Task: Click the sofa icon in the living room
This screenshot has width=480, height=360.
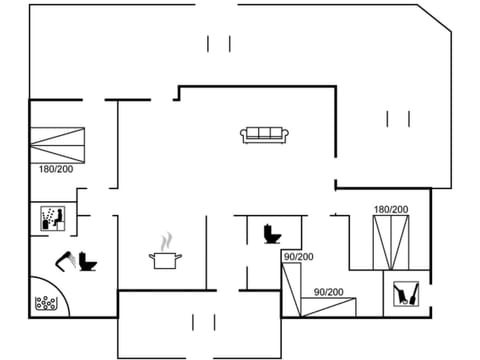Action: click(264, 134)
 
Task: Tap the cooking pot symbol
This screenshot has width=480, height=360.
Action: click(166, 260)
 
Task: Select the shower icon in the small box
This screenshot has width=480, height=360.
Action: click(52, 218)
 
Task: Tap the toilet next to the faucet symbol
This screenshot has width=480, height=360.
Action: click(86, 262)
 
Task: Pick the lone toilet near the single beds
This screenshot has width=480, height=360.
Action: click(270, 233)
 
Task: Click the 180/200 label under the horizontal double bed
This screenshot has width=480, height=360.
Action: click(56, 169)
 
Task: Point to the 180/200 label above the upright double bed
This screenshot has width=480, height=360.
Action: click(390, 209)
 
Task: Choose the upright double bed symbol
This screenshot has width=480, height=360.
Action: click(390, 241)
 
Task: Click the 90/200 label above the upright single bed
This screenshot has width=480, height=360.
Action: click(298, 257)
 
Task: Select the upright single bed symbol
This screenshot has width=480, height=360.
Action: click(291, 290)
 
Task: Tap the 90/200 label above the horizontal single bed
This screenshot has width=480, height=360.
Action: click(329, 291)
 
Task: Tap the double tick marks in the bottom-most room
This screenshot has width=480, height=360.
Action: click(203, 322)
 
